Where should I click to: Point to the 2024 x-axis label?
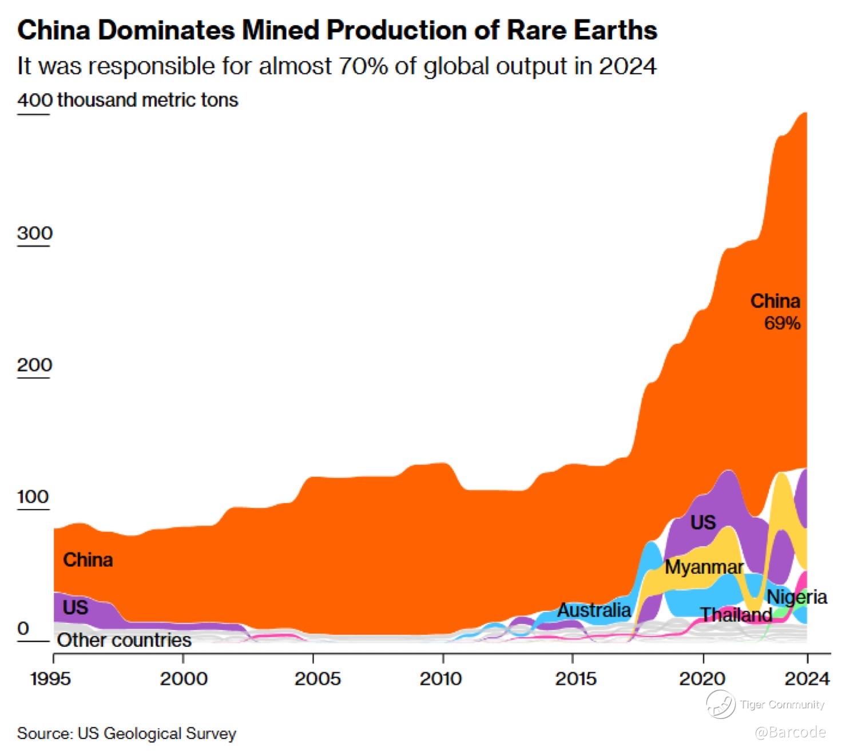pos(807,678)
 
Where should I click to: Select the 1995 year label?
pos(51,678)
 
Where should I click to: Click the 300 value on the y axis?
pos(34,233)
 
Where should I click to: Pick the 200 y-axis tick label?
pos(34,365)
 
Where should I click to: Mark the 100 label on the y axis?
pos(33,496)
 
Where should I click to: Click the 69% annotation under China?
pos(782,323)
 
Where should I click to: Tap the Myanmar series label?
pos(704,567)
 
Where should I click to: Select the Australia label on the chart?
pos(594,610)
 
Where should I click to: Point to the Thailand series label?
pos(737,615)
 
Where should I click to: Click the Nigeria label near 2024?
pos(797,597)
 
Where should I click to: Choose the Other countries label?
pos(124,640)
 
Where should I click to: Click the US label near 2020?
pos(702,522)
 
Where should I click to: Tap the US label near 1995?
pos(75,607)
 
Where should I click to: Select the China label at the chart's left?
pos(88,559)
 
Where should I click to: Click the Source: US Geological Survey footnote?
pos(126,734)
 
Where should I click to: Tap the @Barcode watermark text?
pos(790,732)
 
